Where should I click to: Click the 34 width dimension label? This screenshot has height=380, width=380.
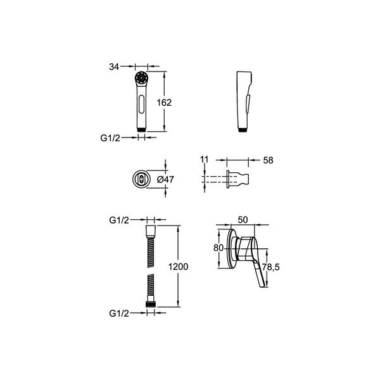point(114,66)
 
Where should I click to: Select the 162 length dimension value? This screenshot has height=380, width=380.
point(164,103)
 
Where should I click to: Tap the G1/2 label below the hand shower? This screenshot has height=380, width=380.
point(110,138)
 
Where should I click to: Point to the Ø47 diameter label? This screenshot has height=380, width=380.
point(165,180)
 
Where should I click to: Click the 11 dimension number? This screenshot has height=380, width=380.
point(205,160)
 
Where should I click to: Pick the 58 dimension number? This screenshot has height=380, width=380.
point(268,160)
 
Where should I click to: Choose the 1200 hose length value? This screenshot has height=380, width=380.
point(178,267)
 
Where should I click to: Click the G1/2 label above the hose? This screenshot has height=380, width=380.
point(119,220)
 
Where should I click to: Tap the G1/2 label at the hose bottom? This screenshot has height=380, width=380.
point(119,313)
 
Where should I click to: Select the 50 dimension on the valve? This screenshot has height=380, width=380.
point(243,220)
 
